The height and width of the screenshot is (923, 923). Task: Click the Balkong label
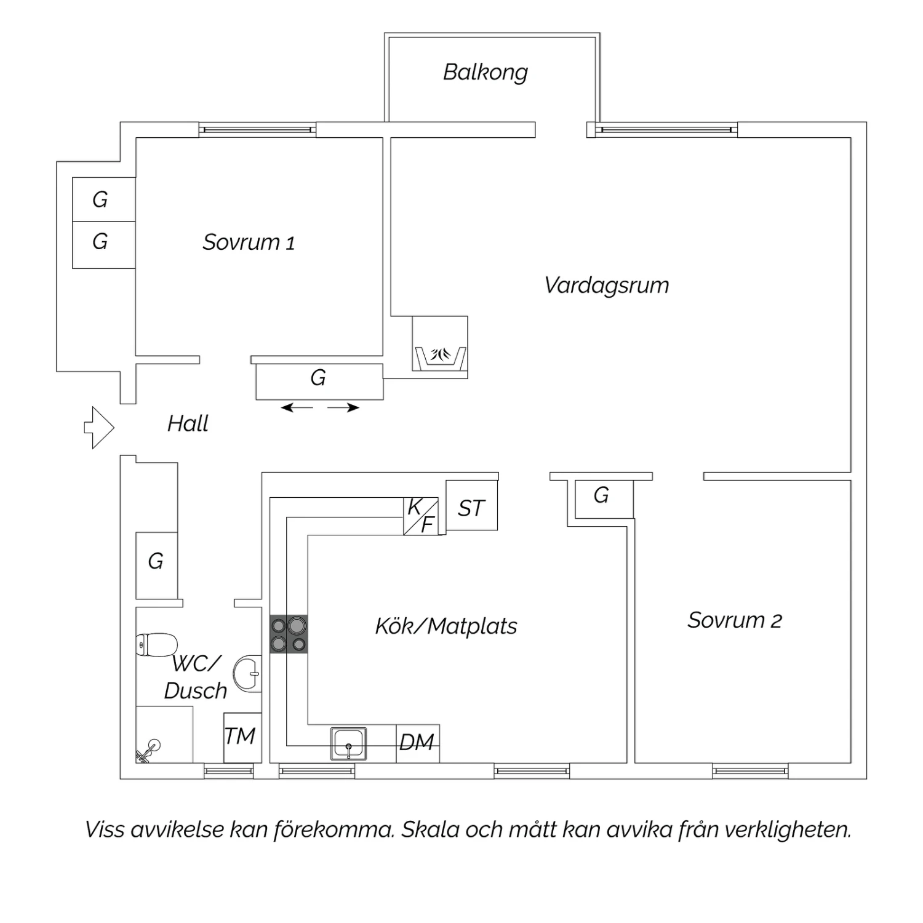coord(485,73)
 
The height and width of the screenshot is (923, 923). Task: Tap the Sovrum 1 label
coord(249,242)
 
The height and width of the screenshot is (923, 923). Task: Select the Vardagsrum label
coord(607,286)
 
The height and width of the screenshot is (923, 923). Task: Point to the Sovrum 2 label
coord(735,620)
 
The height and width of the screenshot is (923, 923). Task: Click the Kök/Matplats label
coord(446,626)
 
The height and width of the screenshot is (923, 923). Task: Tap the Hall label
coord(188,423)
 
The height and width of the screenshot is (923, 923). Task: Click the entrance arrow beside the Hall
coord(99,428)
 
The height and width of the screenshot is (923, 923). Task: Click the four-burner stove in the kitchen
coord(289,634)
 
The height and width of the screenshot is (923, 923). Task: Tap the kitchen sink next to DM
coord(349,744)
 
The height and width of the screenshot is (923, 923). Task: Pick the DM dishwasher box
coord(418,743)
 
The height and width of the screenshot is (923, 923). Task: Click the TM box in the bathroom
coord(242,737)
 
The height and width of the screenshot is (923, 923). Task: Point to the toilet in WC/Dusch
coord(156,644)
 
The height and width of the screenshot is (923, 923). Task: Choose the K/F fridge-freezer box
coord(421,516)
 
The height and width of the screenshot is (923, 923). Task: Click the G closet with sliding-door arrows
coord(319,382)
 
